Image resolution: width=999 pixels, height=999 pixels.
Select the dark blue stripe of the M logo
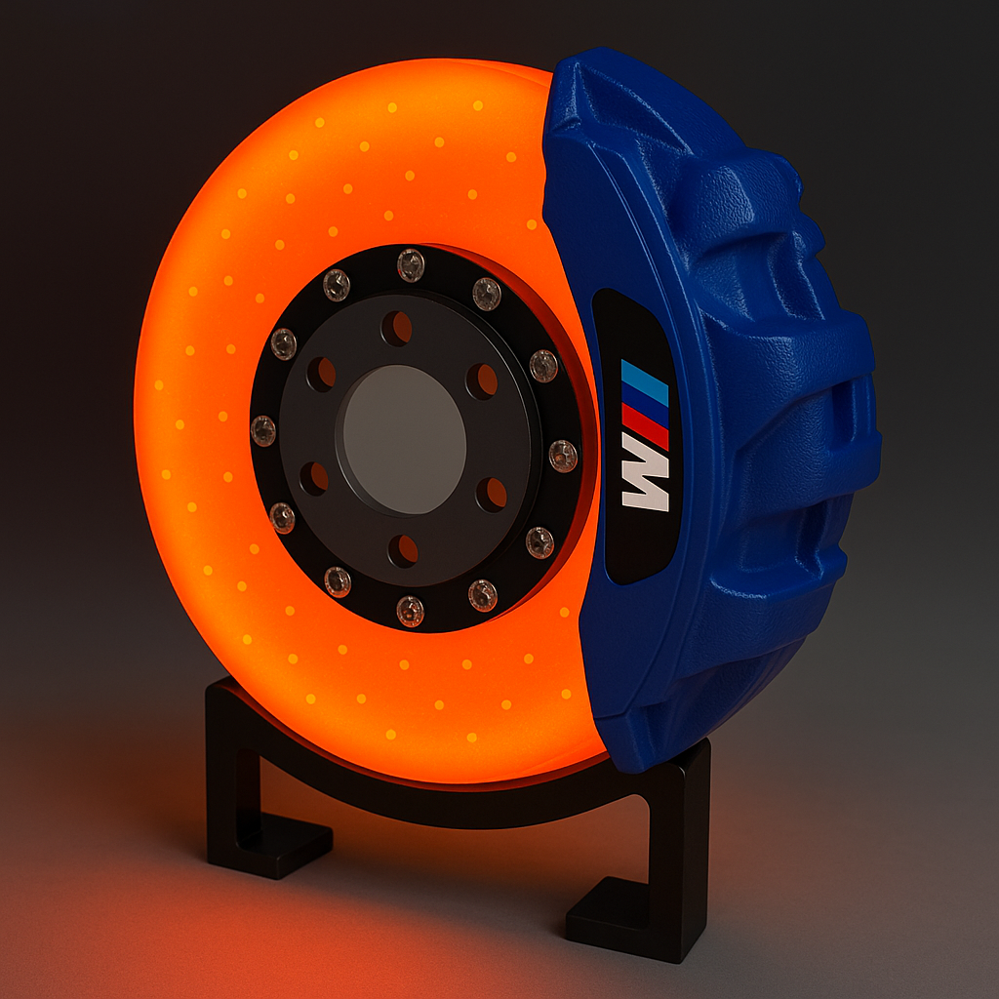tap(646, 402)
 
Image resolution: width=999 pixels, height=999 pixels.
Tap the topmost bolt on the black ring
tap(411, 263)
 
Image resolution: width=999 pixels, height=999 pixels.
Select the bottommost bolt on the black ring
tap(410, 611)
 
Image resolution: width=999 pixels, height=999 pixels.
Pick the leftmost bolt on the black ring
tap(263, 430)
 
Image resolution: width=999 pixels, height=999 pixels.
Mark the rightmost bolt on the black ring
tap(563, 456)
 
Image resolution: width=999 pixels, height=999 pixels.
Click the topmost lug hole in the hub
tap(396, 329)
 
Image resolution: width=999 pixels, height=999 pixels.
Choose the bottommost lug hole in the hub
tap(403, 550)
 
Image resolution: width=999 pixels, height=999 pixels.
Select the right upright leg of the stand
tap(687, 829)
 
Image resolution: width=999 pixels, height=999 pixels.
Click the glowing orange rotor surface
tap(195, 390)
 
